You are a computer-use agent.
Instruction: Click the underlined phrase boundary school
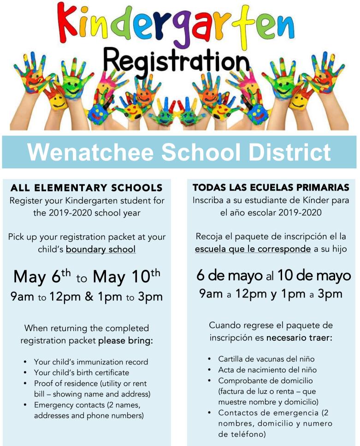point(100,250)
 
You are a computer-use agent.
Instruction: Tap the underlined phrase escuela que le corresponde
point(253,249)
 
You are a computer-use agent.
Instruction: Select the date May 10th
point(126,276)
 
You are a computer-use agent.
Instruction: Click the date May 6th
point(43,276)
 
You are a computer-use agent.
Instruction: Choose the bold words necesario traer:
point(299,338)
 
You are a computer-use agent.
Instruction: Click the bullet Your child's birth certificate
point(82,372)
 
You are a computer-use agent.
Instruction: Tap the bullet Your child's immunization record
point(91,362)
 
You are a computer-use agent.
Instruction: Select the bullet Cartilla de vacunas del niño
point(266,359)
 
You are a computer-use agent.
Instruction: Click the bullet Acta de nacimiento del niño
point(267,370)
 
